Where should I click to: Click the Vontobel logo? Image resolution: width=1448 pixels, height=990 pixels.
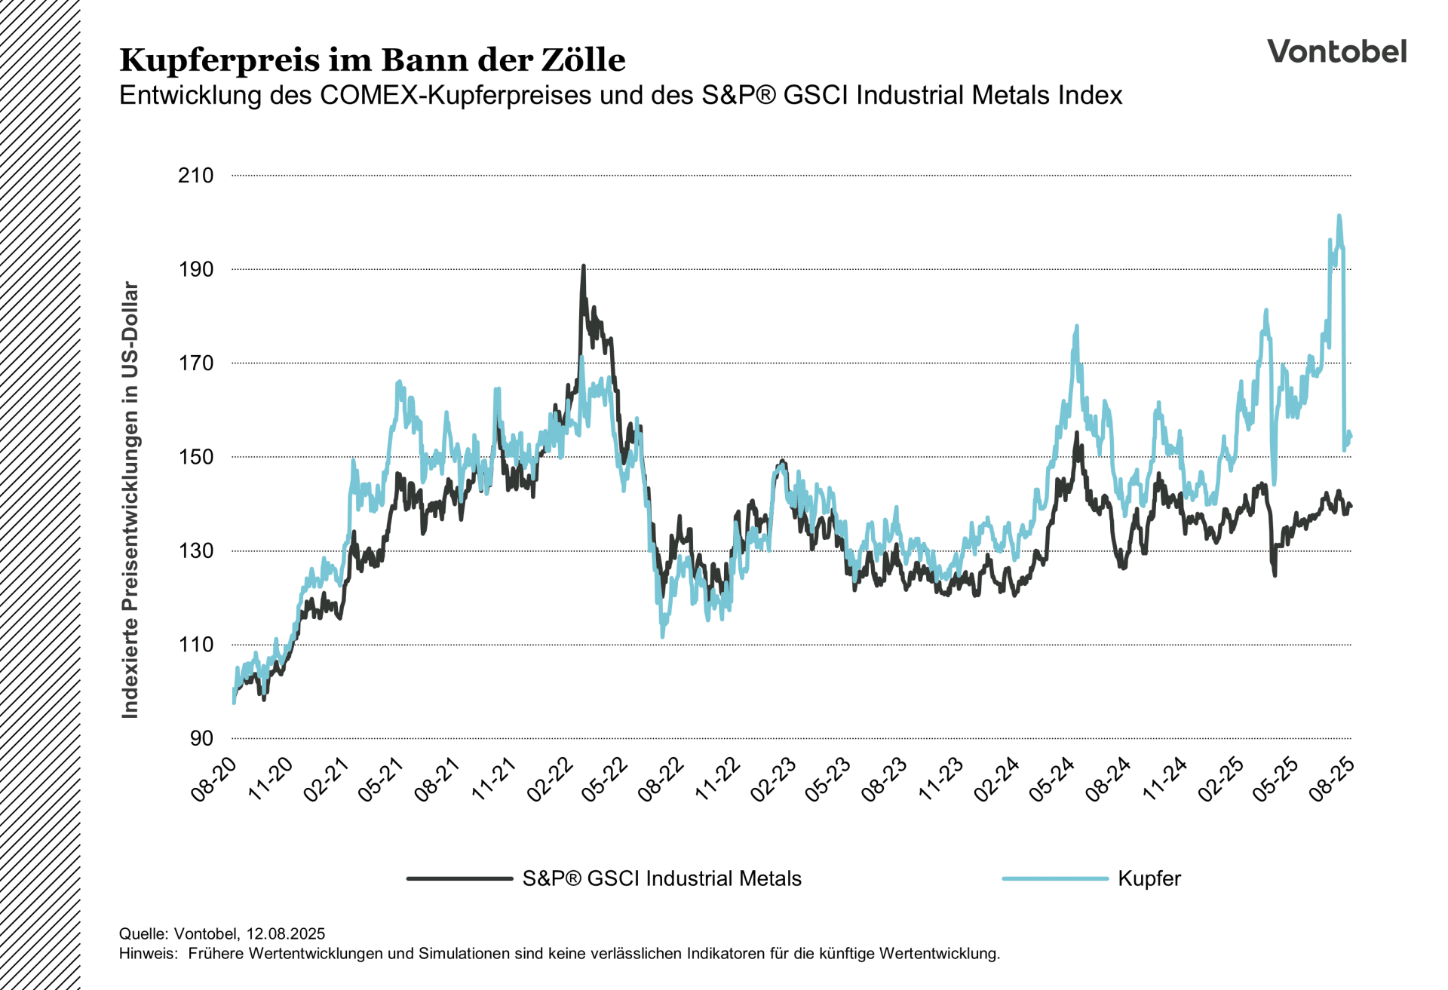pyautogui.click(x=1336, y=51)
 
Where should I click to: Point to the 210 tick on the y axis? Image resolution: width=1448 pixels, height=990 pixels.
pyautogui.click(x=195, y=175)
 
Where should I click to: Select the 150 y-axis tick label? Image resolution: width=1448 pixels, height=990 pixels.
pyautogui.click(x=195, y=457)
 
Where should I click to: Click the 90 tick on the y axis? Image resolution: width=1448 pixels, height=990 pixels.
pyautogui.click(x=201, y=738)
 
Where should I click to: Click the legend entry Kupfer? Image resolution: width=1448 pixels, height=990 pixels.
pyautogui.click(x=1149, y=878)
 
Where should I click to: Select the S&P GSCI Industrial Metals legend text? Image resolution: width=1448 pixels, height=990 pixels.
pyautogui.click(x=661, y=878)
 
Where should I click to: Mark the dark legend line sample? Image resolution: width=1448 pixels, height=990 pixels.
pyautogui.click(x=459, y=878)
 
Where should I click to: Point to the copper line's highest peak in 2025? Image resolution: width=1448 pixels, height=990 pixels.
pyautogui.click(x=1339, y=216)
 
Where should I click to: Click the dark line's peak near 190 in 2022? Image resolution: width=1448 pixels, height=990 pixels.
pyautogui.click(x=583, y=266)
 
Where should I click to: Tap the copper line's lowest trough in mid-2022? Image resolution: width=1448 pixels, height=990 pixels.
pyautogui.click(x=662, y=637)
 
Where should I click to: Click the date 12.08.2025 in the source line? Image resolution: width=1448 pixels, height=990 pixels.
pyautogui.click(x=285, y=933)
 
